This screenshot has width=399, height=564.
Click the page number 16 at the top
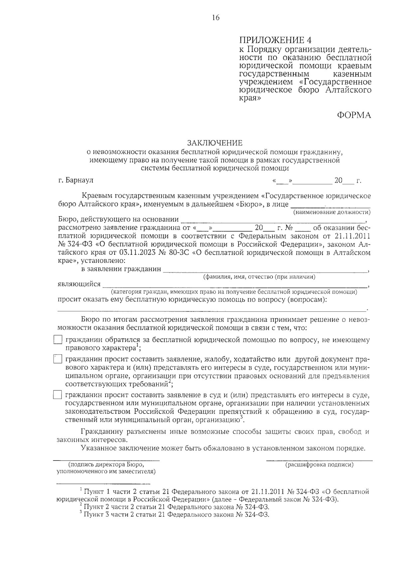pos(216,18)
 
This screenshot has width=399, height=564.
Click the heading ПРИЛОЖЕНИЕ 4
pos(276,41)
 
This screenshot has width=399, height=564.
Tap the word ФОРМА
pos(354,115)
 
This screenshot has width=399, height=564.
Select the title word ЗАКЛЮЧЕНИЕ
pos(215,143)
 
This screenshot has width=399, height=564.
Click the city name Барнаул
pos(79,180)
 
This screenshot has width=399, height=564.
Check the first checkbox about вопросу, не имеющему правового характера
pos(58,340)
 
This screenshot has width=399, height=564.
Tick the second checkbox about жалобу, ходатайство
pos(58,359)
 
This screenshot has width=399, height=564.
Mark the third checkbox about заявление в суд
pos(58,395)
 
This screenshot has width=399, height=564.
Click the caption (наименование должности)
pos(332,212)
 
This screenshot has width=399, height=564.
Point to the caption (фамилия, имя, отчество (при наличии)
pos(259,277)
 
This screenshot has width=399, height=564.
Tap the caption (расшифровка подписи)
pos(319,465)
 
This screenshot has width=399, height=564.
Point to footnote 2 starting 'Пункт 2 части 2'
pos(176,507)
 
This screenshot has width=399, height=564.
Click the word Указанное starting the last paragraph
pos(98,448)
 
